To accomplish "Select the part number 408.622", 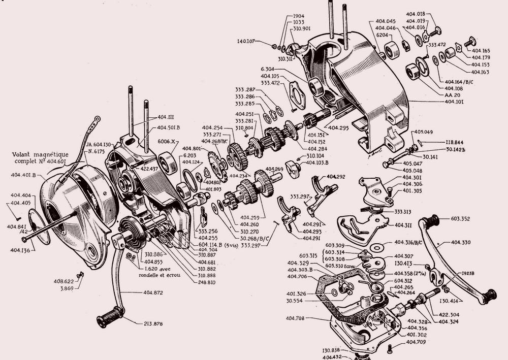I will coord(65,281).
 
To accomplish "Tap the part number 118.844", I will coord(457,142).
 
